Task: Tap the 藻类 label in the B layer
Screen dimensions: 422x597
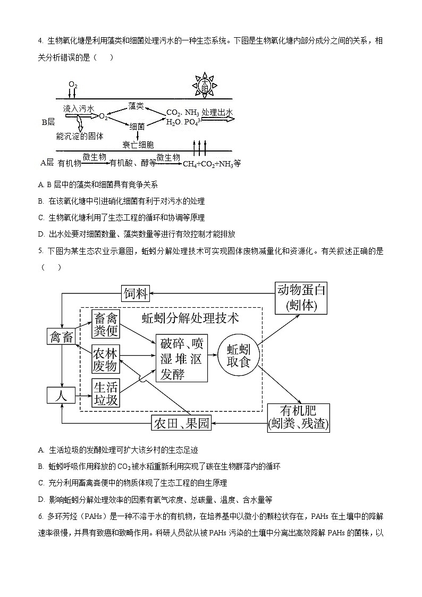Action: (x=137, y=106)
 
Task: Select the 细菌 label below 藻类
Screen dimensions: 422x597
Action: (x=137, y=127)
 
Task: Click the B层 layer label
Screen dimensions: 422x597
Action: (x=48, y=122)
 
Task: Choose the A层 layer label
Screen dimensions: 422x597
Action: (x=47, y=163)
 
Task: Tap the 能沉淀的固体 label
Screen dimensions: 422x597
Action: (x=80, y=136)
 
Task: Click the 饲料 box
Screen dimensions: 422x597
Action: (x=136, y=293)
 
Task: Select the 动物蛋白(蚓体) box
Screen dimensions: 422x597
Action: (x=301, y=298)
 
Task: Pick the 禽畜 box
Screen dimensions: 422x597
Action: (x=63, y=337)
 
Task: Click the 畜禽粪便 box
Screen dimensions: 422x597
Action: (x=105, y=324)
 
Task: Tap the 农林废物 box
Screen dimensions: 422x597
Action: (x=105, y=359)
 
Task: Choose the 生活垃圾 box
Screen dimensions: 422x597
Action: (x=105, y=393)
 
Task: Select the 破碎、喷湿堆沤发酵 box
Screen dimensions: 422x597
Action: (x=182, y=357)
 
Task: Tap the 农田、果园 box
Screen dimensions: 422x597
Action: (x=181, y=423)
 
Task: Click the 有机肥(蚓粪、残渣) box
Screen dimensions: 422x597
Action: (x=298, y=417)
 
